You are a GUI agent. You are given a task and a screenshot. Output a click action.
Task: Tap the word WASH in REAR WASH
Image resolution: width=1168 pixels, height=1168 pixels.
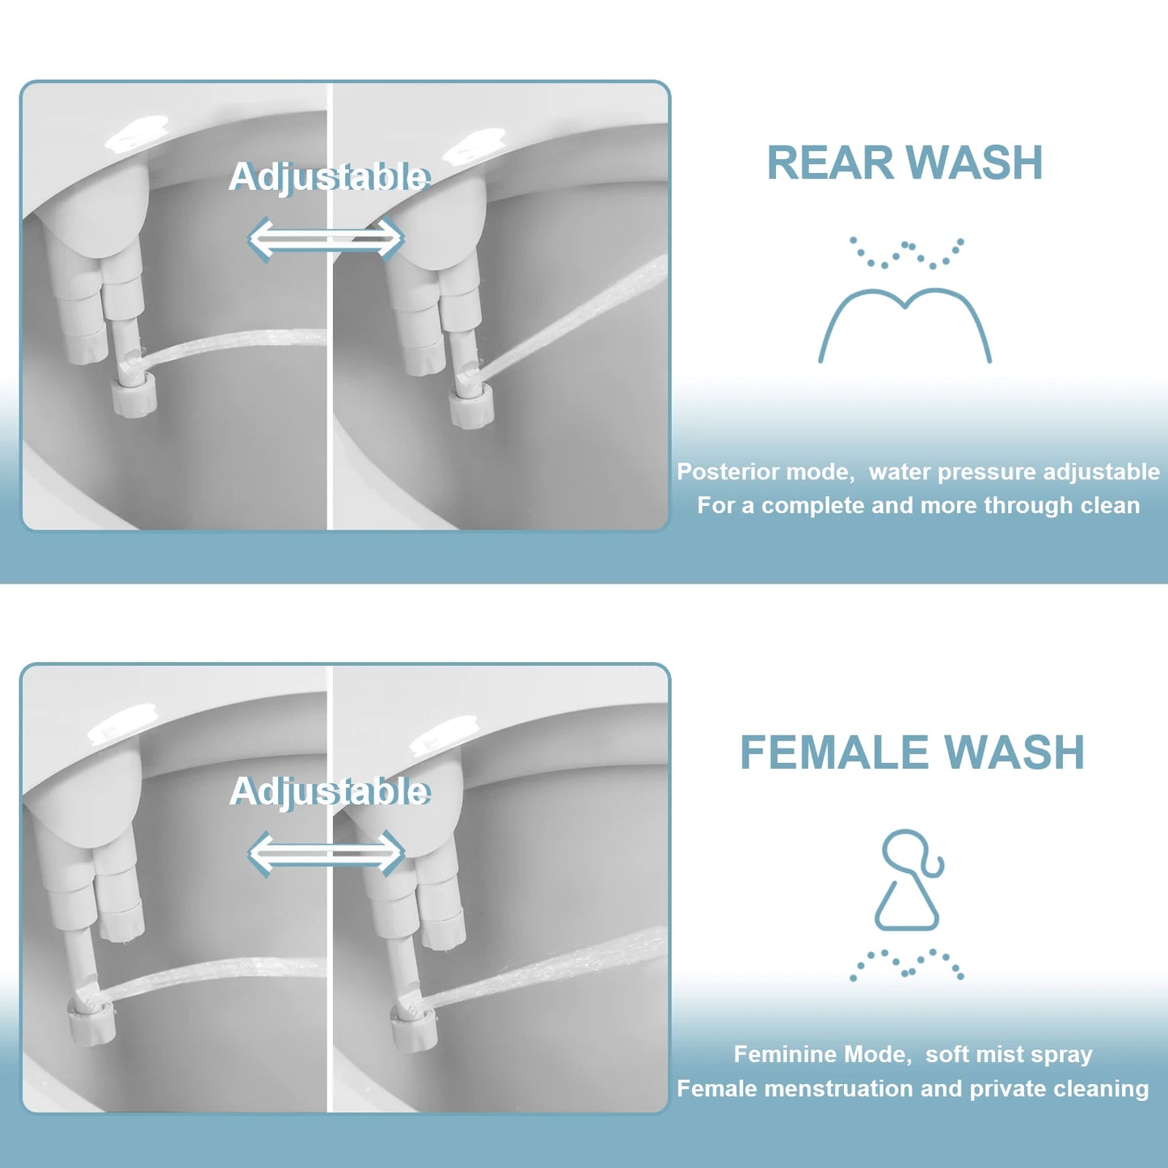(x=975, y=163)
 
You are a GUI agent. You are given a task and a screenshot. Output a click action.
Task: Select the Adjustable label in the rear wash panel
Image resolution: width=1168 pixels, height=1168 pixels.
(x=329, y=177)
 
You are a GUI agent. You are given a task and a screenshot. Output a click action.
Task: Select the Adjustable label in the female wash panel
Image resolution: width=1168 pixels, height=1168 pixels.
(x=329, y=791)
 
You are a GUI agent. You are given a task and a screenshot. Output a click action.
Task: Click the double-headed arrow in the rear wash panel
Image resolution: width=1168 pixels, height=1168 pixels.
(x=325, y=238)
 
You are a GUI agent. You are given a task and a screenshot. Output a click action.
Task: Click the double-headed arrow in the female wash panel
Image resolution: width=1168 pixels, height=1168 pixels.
(x=325, y=854)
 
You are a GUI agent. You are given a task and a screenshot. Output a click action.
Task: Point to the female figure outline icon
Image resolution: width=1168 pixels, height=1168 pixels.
(x=909, y=880)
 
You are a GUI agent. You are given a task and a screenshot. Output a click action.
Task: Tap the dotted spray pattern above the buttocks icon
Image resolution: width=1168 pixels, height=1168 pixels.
(x=907, y=252)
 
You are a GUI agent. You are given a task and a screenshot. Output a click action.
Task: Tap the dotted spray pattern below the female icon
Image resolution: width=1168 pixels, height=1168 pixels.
(x=907, y=964)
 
